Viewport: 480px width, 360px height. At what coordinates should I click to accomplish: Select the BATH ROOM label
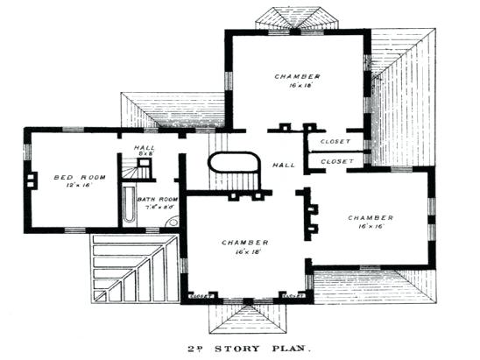point(158,200)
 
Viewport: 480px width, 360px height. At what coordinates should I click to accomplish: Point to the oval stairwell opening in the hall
point(235,166)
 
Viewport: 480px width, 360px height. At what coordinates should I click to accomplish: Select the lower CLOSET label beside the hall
point(336,161)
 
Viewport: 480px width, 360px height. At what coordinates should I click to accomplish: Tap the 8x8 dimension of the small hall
point(146,154)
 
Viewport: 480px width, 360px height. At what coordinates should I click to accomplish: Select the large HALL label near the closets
point(283,164)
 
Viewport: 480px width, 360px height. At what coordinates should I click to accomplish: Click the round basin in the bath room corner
point(173,222)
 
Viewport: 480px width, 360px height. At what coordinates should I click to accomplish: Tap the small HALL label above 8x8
point(145,147)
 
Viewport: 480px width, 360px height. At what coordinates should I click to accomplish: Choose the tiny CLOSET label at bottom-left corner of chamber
point(198,296)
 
